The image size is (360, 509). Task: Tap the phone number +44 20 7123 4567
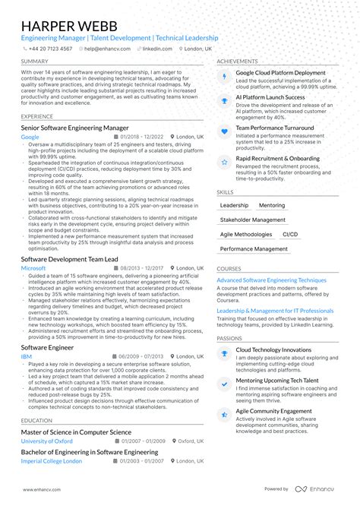click(x=49, y=49)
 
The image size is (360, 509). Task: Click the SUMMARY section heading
click(x=34, y=62)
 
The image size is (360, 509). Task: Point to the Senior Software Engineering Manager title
click(x=74, y=128)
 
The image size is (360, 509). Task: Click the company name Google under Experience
click(x=30, y=137)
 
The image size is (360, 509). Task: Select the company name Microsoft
click(x=33, y=268)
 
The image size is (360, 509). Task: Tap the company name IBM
click(x=26, y=356)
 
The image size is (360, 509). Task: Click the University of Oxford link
click(x=47, y=441)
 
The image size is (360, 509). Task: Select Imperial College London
click(x=52, y=461)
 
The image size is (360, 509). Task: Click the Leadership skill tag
click(x=233, y=206)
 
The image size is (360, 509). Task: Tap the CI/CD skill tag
click(x=290, y=235)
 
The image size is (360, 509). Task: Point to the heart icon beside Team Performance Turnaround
click(x=224, y=131)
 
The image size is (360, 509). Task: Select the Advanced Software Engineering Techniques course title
click(x=271, y=280)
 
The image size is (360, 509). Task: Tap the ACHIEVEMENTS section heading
click(x=237, y=62)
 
